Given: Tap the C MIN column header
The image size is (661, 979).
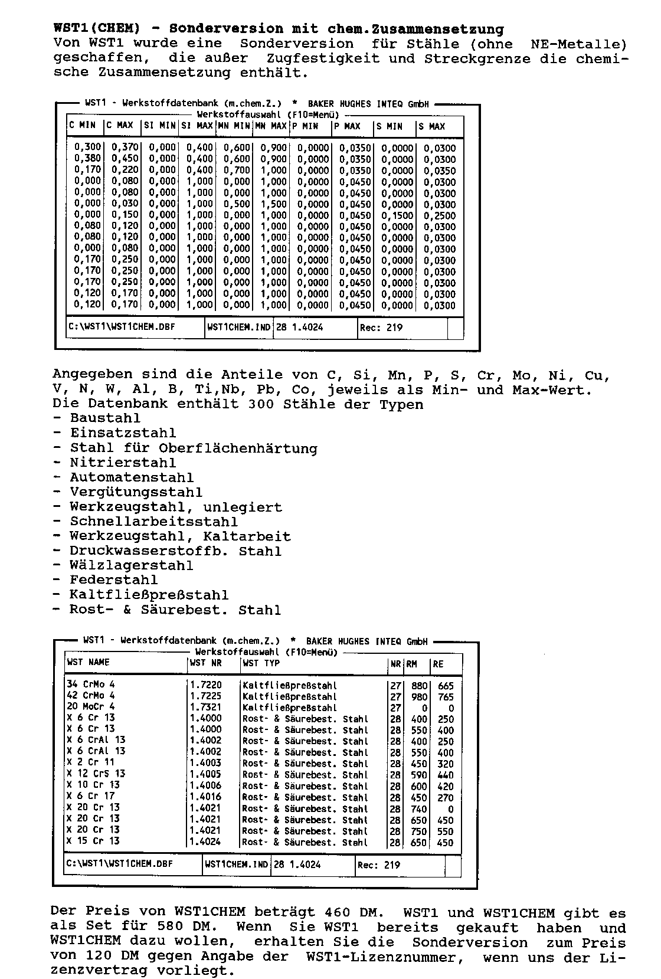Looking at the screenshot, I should click(83, 126).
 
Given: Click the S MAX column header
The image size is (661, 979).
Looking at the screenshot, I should click(432, 126).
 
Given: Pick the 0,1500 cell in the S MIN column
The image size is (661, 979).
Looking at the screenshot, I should click(398, 215).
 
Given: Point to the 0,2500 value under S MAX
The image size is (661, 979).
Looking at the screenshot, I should click(440, 215).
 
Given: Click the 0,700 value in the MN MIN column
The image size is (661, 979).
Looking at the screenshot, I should click(237, 171).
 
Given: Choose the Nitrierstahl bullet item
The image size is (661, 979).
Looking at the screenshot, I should click(123, 463).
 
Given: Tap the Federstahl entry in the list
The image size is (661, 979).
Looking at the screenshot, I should click(114, 580).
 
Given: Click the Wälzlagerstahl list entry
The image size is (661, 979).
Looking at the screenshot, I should click(132, 565).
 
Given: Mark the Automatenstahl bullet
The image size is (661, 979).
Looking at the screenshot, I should click(132, 477).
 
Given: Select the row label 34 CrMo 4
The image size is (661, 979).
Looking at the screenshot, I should click(91, 685).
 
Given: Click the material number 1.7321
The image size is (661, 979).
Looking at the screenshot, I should click(206, 707).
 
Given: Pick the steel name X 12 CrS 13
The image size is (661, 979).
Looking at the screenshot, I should click(96, 774).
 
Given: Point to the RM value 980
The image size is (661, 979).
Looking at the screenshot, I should click(419, 696).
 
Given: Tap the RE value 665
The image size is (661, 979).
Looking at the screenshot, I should click(446, 686).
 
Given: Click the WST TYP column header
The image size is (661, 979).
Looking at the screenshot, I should click(261, 663).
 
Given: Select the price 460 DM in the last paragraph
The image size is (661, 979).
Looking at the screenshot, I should click(350, 912).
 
